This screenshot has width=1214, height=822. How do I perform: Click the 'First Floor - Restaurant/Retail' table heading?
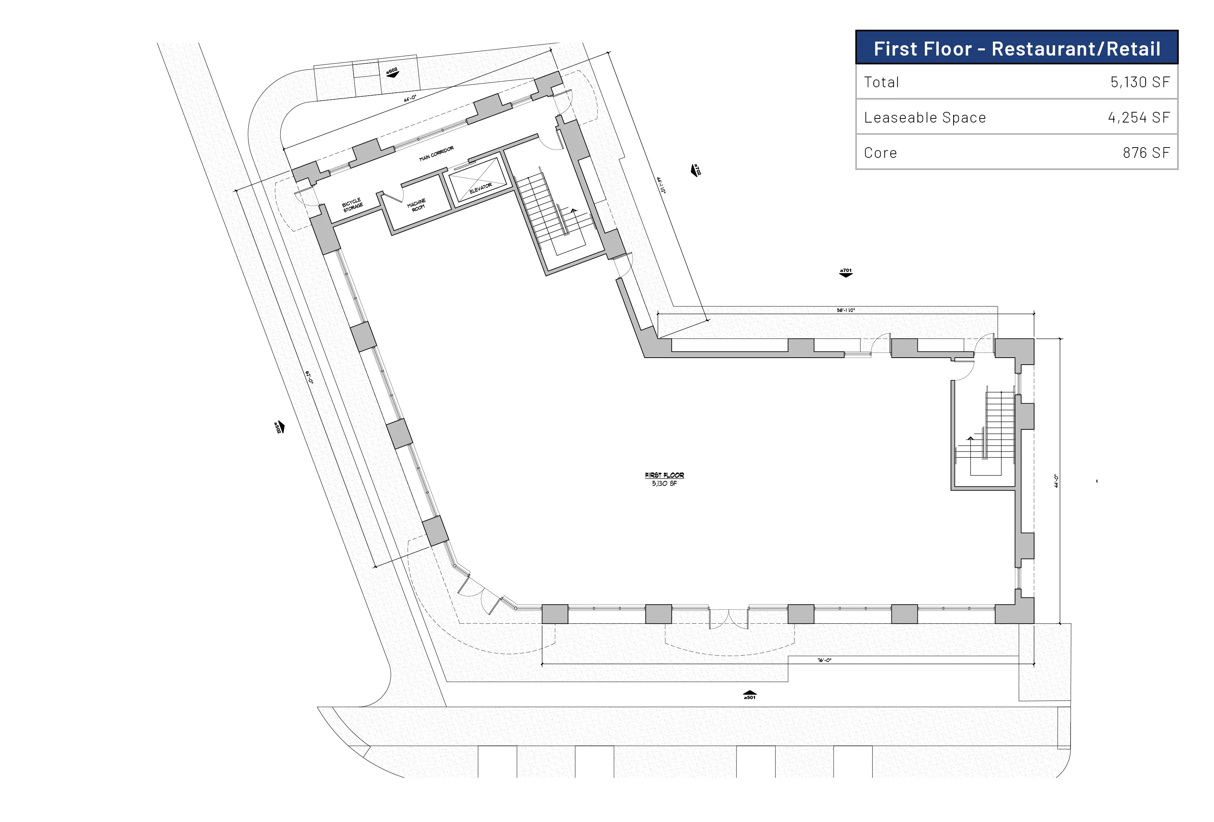[1016, 49]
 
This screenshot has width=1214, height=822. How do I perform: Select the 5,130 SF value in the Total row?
[1140, 82]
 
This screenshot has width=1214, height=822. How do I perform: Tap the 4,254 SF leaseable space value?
[1139, 118]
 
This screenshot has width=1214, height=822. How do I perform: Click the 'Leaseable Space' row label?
[924, 118]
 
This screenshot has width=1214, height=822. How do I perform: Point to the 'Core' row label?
[880, 153]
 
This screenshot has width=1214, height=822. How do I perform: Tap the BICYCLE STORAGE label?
[352, 205]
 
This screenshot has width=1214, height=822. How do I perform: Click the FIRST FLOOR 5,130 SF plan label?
[664, 479]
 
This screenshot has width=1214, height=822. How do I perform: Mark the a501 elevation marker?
[750, 695]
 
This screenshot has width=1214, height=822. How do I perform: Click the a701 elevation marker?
[846, 272]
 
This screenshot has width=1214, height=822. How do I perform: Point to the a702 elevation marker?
[695, 170]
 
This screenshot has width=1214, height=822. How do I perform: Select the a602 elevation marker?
[392, 72]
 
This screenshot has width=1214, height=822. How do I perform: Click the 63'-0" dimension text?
[309, 377]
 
